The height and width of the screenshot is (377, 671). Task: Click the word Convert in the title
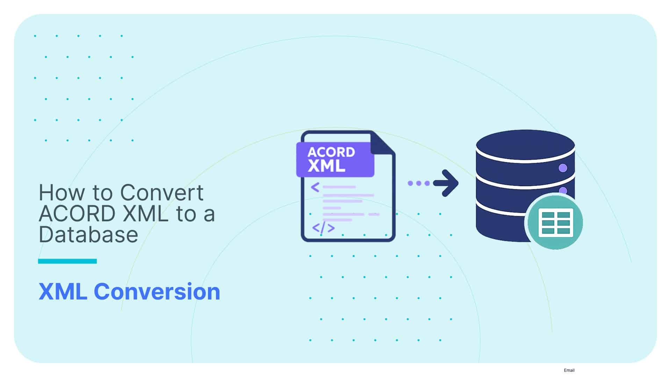pyautogui.click(x=161, y=193)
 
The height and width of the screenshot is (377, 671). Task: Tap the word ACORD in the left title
pyautogui.click(x=77, y=214)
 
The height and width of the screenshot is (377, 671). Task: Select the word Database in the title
pyautogui.click(x=88, y=235)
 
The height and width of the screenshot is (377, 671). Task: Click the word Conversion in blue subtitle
pyautogui.click(x=157, y=291)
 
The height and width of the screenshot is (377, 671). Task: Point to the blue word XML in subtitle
pyautogui.click(x=63, y=291)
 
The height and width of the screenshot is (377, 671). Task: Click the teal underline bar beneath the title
pyautogui.click(x=67, y=261)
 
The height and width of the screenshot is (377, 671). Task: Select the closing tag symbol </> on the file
pyautogui.click(x=323, y=228)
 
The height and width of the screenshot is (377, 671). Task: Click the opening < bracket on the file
pyautogui.click(x=315, y=187)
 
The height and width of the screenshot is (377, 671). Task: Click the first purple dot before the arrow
pyautogui.click(x=410, y=183)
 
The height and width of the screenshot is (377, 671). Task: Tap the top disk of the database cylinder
pyautogui.click(x=525, y=145)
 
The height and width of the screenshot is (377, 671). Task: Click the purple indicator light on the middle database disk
pyautogui.click(x=563, y=190)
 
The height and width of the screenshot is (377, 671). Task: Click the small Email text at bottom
pyautogui.click(x=569, y=370)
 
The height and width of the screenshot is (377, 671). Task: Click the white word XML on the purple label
pyautogui.click(x=326, y=166)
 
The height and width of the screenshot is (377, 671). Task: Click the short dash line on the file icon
pyautogui.click(x=374, y=214)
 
